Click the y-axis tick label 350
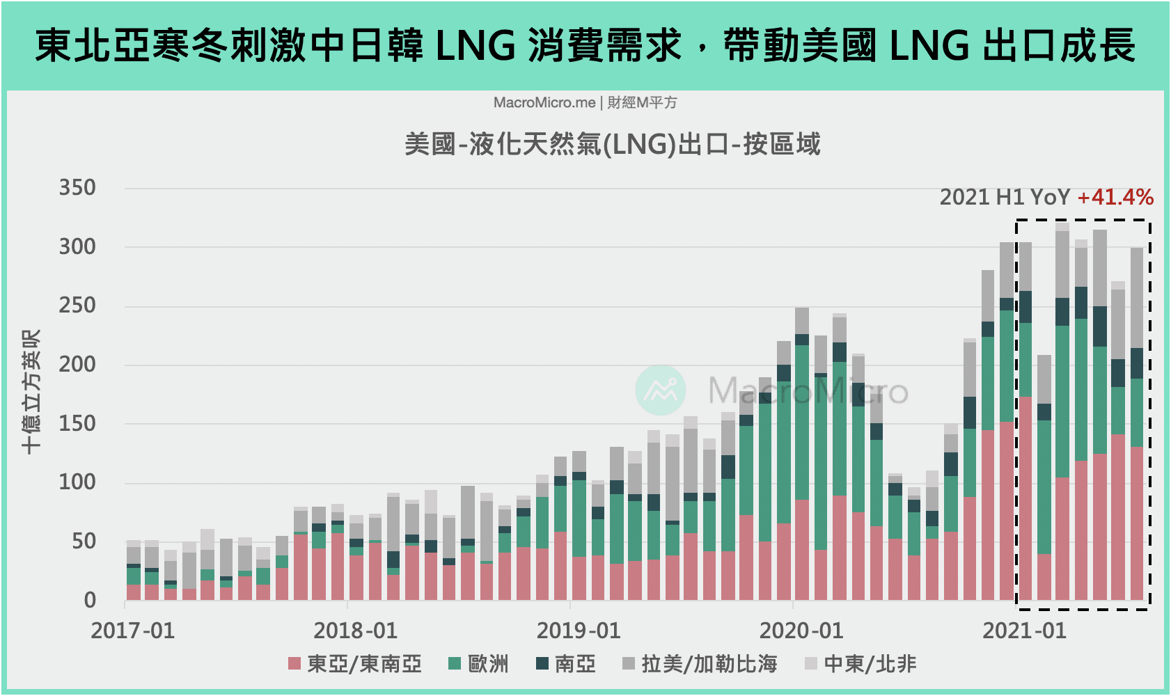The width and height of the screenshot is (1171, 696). coord(77,188)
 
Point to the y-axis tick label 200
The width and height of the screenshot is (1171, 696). coord(77,364)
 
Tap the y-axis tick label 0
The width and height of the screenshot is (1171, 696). coord(90,600)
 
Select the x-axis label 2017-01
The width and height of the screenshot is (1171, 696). coord(132,631)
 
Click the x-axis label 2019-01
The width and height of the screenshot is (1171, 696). coord(578,631)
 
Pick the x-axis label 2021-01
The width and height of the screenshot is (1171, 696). coord(1024,631)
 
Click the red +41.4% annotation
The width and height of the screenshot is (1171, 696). coord(1115,198)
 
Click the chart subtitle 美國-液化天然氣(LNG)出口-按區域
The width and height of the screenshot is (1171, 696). coord(612,145)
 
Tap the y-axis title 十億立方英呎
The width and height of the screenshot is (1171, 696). coord(31,392)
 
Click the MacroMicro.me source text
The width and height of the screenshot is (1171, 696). coord(544,103)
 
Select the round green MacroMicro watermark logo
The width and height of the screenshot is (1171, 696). coord(661,390)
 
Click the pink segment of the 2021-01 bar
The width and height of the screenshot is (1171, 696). coord(1025,498)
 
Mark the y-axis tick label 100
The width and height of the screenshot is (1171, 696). coord(77,482)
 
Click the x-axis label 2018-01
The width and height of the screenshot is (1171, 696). coord(355,631)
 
